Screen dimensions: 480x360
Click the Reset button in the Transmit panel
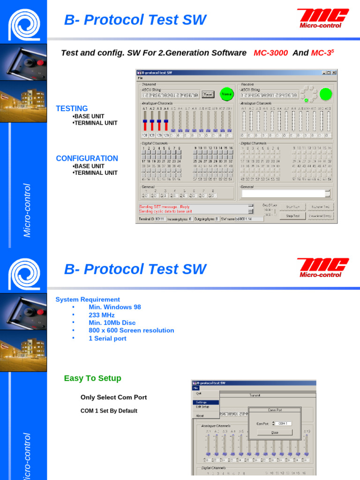click(x=208, y=94)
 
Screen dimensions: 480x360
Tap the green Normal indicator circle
click(x=227, y=94)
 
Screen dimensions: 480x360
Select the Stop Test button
click(x=293, y=216)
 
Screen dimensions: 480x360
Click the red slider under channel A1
click(x=145, y=125)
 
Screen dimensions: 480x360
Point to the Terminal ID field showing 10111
click(x=153, y=218)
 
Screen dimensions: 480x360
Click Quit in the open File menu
click(x=199, y=393)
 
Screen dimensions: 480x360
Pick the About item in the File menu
click(x=200, y=415)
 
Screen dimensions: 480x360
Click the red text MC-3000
click(x=270, y=53)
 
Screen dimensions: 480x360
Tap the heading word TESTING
click(x=72, y=108)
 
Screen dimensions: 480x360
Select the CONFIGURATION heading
click(x=87, y=158)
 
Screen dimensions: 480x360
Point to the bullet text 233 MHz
click(x=102, y=315)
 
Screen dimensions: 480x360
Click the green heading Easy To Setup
click(x=92, y=378)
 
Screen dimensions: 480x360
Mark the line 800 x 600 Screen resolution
click(x=131, y=330)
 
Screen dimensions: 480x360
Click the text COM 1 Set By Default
click(x=109, y=411)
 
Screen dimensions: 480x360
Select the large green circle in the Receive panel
click(x=326, y=94)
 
